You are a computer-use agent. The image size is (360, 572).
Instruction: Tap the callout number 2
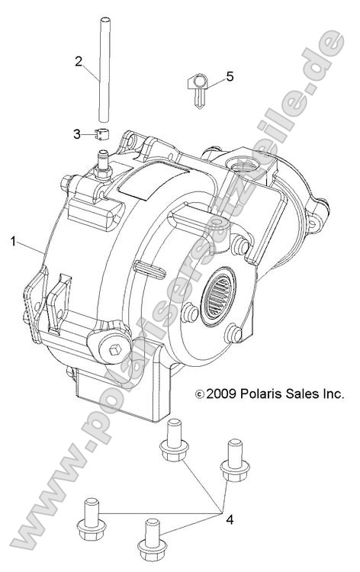tap(79, 62)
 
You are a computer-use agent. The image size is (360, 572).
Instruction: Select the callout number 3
tap(77, 134)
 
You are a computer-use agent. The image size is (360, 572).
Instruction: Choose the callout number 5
tap(230, 76)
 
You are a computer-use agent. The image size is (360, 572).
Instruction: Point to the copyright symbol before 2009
tap(200, 395)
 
